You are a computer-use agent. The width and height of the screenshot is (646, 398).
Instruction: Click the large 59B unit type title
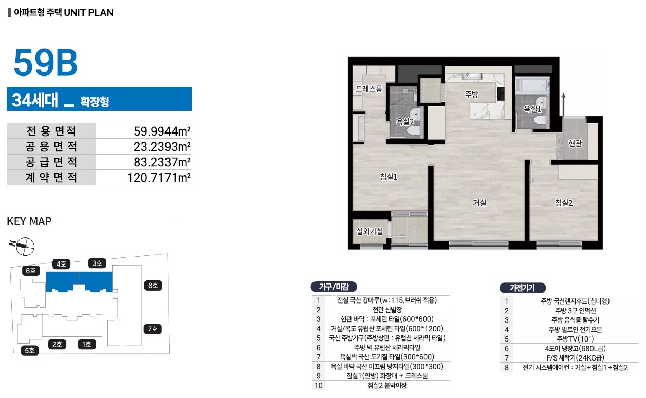click(x=46, y=63)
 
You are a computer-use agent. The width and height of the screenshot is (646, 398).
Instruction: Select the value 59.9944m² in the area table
click(x=162, y=131)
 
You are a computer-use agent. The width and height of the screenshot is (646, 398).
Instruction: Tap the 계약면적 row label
click(x=51, y=177)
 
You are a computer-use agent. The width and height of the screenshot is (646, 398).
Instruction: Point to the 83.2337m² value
click(x=162, y=162)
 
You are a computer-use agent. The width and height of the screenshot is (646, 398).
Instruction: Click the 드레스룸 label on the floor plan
click(x=369, y=89)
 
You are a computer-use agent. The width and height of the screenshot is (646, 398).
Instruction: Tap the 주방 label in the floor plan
click(x=471, y=94)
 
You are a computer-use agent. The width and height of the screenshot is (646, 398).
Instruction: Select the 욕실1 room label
click(x=532, y=109)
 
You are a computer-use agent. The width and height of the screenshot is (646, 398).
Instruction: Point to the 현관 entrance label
click(x=575, y=143)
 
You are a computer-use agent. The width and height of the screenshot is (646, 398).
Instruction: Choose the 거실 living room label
click(x=479, y=203)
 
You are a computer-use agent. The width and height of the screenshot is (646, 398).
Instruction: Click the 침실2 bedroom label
click(x=564, y=203)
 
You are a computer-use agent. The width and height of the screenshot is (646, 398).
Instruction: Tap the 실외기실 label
click(x=370, y=231)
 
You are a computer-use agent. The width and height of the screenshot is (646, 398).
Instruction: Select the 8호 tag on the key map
click(x=153, y=286)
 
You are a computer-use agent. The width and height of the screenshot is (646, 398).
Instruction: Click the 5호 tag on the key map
click(x=30, y=350)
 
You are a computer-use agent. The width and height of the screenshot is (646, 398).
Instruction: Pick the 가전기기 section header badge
click(x=522, y=288)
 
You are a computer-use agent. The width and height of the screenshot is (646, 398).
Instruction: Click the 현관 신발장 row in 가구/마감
click(x=387, y=310)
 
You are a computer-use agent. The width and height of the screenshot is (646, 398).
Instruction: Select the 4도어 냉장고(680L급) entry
click(x=575, y=348)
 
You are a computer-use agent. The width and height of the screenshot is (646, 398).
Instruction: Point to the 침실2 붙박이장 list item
click(x=387, y=385)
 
